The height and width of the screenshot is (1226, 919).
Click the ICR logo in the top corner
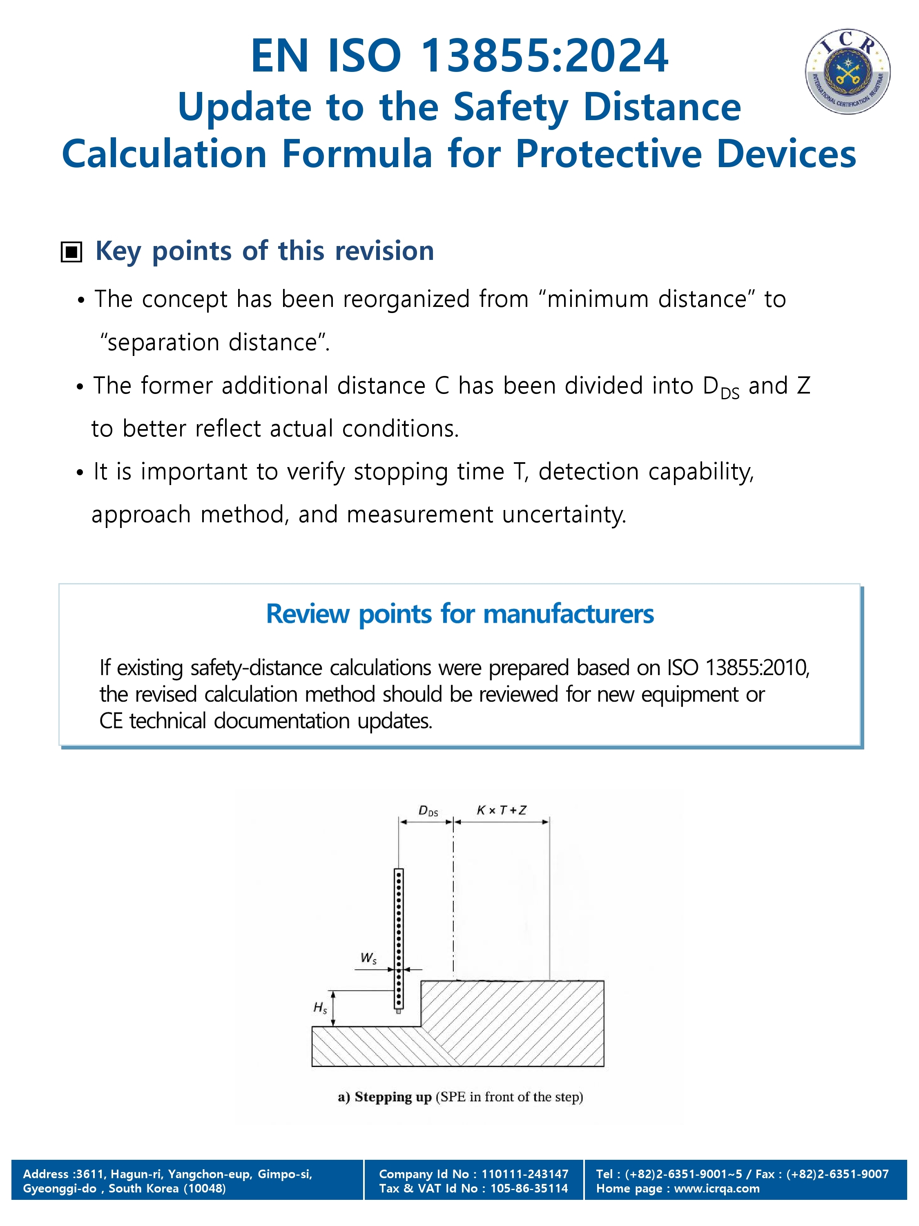pyautogui.click(x=847, y=72)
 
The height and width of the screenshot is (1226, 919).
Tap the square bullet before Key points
pyautogui.click(x=71, y=252)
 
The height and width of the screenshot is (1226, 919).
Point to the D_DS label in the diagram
pyautogui.click(x=428, y=812)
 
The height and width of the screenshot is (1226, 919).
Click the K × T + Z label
pyautogui.click(x=501, y=810)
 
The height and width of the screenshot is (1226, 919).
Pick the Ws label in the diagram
pyautogui.click(x=368, y=958)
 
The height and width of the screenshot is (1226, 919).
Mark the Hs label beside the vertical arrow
pyautogui.click(x=320, y=1007)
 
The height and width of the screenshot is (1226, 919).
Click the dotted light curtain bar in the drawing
pyautogui.click(x=399, y=939)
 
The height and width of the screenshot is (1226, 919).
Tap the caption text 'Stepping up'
pyautogui.click(x=393, y=1097)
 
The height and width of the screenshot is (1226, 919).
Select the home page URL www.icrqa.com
pyautogui.click(x=717, y=1188)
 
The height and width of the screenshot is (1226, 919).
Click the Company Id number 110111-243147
pyautogui.click(x=524, y=1174)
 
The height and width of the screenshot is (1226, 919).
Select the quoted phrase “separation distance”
pyautogui.click(x=214, y=342)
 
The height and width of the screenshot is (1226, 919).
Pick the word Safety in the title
pyautogui.click(x=511, y=107)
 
